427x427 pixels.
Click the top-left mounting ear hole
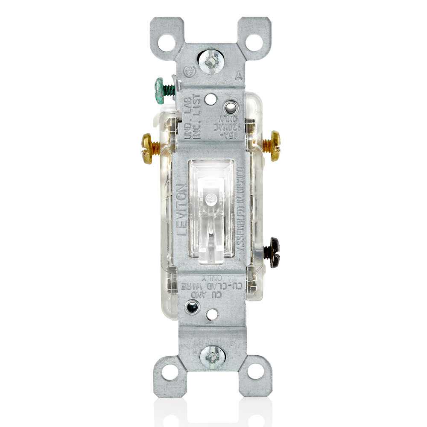pyautogui.click(x=167, y=42)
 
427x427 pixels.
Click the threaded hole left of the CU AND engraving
pyautogui.click(x=191, y=306)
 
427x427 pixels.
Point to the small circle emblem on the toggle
pyautogui.click(x=210, y=199)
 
